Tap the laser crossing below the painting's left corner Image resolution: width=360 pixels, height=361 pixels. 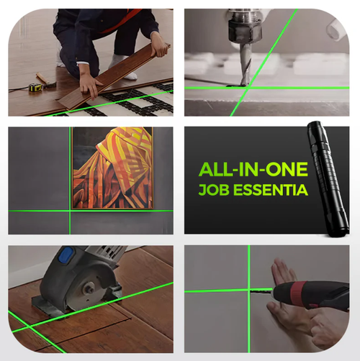click(x=71, y=211)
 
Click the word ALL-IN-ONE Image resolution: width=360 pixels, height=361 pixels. click(x=253, y=170)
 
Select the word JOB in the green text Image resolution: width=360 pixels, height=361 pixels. click(x=214, y=191)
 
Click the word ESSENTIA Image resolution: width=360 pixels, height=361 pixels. click(x=272, y=191)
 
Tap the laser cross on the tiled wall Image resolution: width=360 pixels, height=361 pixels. click(x=248, y=291)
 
